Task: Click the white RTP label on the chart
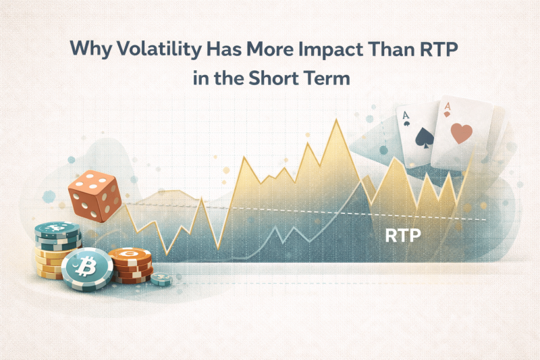(403, 236)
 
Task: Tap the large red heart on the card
(462, 132)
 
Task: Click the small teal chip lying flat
(161, 278)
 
